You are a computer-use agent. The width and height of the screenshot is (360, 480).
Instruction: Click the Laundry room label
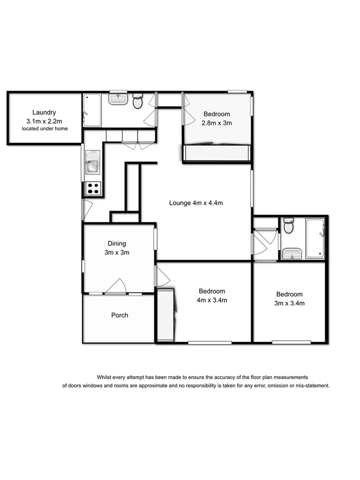click(44, 113)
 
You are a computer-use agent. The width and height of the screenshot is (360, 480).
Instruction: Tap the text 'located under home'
click(44, 129)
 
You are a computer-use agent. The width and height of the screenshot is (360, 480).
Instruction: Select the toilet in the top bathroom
click(138, 101)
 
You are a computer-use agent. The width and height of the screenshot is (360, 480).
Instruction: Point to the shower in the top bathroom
click(92, 110)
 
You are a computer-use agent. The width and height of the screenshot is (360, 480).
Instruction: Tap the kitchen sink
click(92, 162)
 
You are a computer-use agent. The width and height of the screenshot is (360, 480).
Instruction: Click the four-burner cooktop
click(93, 188)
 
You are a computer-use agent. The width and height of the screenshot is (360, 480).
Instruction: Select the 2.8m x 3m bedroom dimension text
click(217, 123)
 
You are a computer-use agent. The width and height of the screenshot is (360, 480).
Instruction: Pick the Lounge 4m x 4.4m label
click(195, 203)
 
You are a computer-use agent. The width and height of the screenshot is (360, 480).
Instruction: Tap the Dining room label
click(116, 244)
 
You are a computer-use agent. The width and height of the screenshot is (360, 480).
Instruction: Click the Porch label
click(119, 315)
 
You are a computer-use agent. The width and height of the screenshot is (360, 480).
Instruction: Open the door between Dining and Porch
click(116, 288)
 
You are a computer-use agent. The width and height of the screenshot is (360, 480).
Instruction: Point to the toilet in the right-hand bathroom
click(289, 226)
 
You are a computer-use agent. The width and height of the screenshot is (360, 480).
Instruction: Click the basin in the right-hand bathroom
click(291, 253)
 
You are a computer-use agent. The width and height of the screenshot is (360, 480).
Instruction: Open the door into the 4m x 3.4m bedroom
click(162, 276)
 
